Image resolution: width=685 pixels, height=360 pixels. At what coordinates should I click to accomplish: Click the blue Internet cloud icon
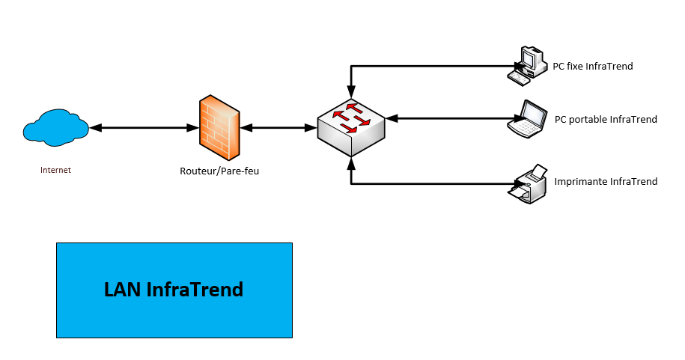coord(56,126)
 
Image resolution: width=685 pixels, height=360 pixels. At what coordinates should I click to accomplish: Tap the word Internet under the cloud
coord(55,170)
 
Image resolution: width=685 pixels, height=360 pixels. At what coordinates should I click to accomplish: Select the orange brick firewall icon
coord(219,123)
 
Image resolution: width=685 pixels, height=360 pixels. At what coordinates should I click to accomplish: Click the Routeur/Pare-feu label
coord(219,171)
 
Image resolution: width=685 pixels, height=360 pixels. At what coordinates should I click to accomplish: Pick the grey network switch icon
coord(351,124)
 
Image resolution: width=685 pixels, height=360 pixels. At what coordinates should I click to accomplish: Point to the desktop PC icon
coord(527,64)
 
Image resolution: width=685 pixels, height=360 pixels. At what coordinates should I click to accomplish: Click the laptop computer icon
coord(529,118)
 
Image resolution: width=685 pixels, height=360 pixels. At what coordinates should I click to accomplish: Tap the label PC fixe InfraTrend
coord(593,67)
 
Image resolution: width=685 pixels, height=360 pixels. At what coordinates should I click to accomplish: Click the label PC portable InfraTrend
coord(606,119)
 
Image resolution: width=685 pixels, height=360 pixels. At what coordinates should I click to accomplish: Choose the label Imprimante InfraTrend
coord(606,182)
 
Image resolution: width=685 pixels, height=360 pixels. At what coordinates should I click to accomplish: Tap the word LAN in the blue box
coord(122,290)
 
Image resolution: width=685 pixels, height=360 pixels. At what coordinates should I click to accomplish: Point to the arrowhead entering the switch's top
coord(351,95)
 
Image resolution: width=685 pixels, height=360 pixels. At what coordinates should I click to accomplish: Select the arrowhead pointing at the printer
coord(511,183)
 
